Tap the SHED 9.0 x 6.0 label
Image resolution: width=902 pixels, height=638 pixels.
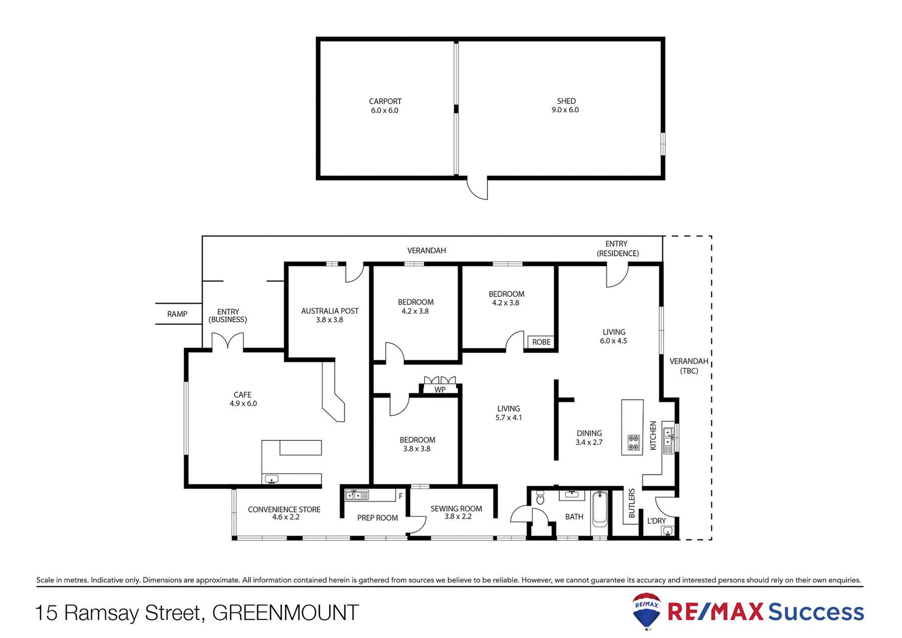566,105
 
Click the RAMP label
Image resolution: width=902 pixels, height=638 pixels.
177,314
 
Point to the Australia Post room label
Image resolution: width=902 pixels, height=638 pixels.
330,315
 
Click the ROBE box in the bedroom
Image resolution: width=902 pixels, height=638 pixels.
541,342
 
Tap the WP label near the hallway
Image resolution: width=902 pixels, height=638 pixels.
440,390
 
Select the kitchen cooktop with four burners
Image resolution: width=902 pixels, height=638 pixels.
633,442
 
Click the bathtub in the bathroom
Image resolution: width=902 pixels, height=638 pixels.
599,508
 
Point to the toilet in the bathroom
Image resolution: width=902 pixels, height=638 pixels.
540,498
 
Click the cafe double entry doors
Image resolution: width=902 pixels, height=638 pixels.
228,342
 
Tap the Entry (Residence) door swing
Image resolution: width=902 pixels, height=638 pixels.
616,276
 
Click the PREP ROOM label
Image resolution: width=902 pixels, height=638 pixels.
377,518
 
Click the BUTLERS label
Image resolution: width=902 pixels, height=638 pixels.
631,503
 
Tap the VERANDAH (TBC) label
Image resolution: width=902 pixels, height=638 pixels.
689,366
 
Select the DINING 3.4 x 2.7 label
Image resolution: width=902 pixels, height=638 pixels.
589,437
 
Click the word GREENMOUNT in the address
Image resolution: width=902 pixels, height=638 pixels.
286,612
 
